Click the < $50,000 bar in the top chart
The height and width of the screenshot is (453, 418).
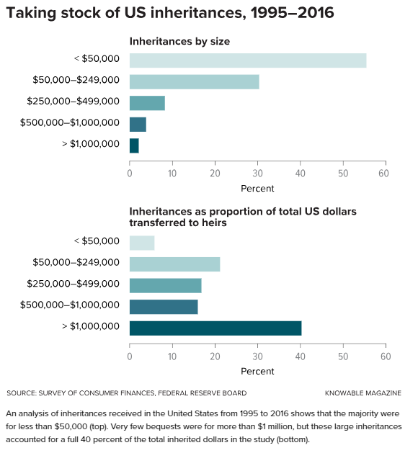tap(248, 60)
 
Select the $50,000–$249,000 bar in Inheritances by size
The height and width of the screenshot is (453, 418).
tap(195, 82)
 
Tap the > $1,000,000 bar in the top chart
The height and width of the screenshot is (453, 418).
tap(134, 145)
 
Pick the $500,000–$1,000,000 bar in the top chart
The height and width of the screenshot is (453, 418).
tap(138, 125)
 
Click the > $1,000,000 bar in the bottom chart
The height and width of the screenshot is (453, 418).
tap(215, 328)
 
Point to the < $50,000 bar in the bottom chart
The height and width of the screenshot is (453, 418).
tap(142, 243)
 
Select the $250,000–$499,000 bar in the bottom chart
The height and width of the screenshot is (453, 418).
tap(165, 285)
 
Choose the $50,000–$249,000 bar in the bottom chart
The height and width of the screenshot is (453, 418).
tap(174, 264)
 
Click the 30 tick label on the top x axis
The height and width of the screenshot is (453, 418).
tap(257, 174)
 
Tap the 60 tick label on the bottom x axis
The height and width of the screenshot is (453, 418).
tap(386, 356)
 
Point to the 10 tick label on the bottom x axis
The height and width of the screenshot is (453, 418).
tap(172, 356)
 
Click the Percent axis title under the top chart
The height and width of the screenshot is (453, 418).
tap(257, 189)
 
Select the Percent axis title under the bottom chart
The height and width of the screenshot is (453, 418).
tap(257, 371)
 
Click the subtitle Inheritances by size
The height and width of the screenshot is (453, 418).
tap(179, 42)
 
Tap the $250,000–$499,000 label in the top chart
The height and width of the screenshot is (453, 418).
tap(73, 101)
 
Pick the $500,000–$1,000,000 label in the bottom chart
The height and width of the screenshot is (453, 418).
tap(70, 305)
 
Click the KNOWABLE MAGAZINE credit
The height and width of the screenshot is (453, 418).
tap(363, 393)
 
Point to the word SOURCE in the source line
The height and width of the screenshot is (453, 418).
tap(22, 393)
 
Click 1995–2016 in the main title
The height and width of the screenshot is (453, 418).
tap(293, 13)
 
